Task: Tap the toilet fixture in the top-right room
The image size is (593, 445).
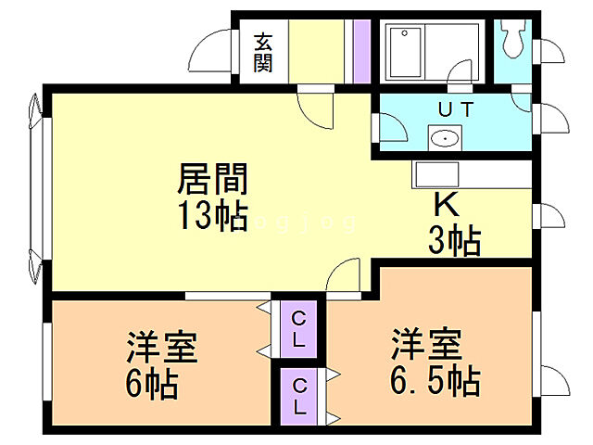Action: coord(511,38)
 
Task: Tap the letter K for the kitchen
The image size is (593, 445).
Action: coord(446,205)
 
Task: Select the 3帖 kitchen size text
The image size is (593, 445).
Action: coord(453,243)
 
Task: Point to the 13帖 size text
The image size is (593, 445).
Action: coord(212,215)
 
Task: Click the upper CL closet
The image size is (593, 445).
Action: coord(298,329)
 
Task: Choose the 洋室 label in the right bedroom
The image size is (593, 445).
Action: coord(425,345)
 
